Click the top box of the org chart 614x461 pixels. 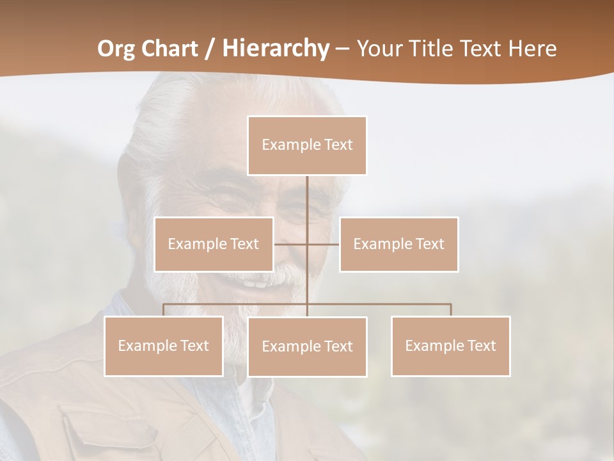[x=307, y=145]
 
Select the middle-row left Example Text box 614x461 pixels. [x=214, y=244]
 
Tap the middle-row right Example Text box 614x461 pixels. [x=398, y=244]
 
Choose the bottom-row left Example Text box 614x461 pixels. [x=163, y=346]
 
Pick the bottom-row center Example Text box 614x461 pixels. [x=307, y=346]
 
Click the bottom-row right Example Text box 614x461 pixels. [x=450, y=346]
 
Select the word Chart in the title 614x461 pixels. [x=171, y=49]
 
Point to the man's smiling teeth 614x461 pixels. [x=256, y=282]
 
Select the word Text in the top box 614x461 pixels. [x=338, y=145]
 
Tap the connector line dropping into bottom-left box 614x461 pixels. [x=163, y=310]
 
